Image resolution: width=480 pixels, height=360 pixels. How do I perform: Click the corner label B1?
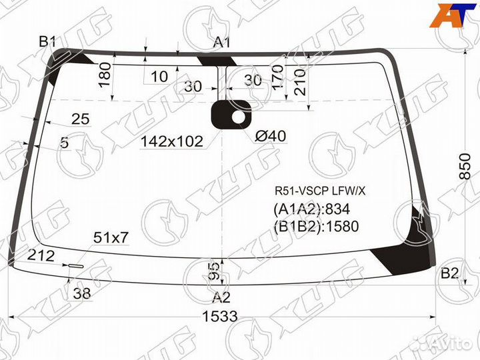47,42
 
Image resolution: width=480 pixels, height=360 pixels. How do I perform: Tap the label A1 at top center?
222,43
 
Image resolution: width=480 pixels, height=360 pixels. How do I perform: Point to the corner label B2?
450,273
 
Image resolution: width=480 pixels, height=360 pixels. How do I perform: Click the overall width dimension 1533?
220,317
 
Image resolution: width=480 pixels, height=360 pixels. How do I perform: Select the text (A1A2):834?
311,209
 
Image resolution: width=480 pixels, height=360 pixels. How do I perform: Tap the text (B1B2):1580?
316,227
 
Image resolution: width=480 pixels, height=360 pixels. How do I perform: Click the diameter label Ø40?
270,136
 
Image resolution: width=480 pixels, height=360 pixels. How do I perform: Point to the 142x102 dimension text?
171,141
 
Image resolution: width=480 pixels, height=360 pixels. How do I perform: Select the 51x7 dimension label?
111,238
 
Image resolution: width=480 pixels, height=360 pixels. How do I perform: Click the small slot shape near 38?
75,266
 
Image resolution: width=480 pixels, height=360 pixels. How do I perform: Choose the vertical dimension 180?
105,76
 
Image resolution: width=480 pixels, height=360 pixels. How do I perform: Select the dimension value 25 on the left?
80,119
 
